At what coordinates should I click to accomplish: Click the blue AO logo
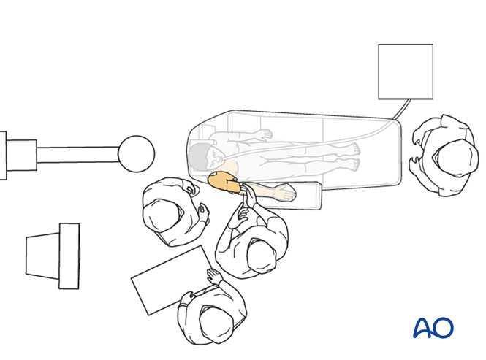coord(433,327)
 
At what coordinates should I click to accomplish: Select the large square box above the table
coord(406,72)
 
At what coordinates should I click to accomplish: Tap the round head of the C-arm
coord(137,153)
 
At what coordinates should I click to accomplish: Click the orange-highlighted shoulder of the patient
coord(224,183)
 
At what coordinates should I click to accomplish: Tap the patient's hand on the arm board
coord(284,192)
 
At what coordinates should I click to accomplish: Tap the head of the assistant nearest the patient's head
coord(162,215)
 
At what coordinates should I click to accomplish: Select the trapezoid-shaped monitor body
coord(42,256)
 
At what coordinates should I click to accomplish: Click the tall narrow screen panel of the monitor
coord(69,256)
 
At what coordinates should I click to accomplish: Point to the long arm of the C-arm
coord(77,155)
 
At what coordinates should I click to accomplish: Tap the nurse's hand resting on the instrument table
coord(214,276)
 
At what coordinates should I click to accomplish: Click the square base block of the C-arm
coord(21,156)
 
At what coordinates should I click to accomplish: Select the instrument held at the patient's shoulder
coord(244,196)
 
